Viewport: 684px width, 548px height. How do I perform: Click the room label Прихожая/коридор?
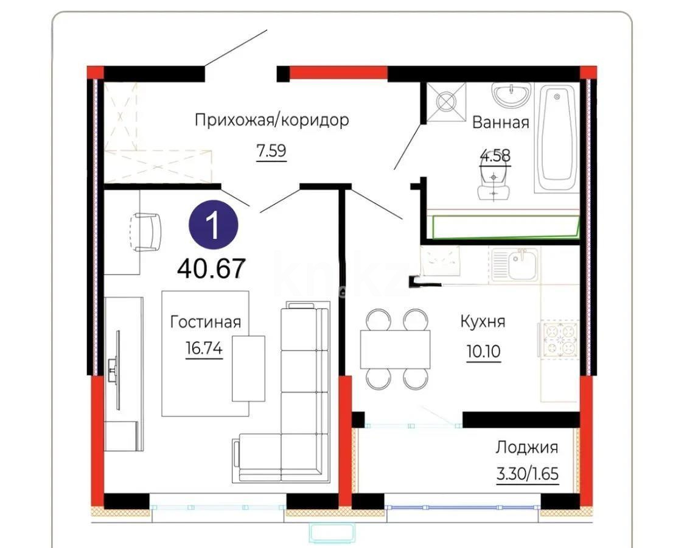271,120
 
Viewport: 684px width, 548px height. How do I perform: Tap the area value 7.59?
271,151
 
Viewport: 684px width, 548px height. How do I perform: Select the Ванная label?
500,122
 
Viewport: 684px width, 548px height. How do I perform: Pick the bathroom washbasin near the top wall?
511,95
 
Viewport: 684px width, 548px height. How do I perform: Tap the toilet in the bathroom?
494,183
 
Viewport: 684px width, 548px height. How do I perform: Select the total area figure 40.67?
211,269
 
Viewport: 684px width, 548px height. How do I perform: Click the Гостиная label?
205,322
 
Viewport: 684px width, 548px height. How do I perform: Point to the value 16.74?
204,349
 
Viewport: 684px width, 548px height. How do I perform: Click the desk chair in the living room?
146,231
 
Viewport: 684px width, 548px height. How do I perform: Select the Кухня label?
483,321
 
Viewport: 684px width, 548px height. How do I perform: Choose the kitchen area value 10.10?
483,353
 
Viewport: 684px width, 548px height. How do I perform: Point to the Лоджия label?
526,448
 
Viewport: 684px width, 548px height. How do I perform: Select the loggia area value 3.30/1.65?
527,473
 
